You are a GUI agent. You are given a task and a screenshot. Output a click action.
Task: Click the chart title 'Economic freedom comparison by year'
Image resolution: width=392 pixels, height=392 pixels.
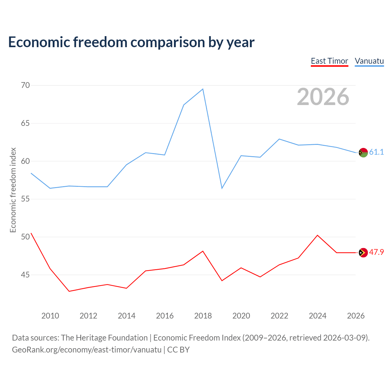point(131,42)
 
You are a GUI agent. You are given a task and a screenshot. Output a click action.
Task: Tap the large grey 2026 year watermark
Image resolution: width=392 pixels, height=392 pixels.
point(323,97)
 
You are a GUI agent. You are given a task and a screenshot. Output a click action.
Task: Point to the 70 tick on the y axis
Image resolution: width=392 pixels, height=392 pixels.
point(25,85)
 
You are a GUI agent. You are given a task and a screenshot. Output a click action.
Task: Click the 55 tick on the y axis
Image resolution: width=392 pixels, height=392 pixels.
point(25,199)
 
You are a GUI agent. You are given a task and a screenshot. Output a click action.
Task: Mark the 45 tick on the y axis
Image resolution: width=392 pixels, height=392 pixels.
point(25,275)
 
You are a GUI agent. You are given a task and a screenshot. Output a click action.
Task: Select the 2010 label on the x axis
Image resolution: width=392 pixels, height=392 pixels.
point(50,316)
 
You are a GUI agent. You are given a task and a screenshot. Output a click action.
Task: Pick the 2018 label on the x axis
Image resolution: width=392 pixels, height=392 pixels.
point(203,316)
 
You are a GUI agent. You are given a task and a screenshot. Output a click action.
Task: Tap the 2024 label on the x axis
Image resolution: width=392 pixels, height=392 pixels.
point(318,316)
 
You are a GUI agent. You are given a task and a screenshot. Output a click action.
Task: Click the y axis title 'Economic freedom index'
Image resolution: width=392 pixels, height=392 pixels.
point(13,190)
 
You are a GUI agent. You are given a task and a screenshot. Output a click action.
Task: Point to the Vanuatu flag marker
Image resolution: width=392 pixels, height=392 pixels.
point(363,153)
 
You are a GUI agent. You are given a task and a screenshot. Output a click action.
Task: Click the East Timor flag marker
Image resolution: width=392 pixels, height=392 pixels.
point(363,253)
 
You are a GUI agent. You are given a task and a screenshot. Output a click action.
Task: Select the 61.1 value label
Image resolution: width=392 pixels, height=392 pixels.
point(377,152)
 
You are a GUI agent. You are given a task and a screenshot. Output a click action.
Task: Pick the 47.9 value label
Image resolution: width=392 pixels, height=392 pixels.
point(377,252)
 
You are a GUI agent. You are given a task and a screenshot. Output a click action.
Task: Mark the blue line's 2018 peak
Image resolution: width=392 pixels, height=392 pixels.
point(203,89)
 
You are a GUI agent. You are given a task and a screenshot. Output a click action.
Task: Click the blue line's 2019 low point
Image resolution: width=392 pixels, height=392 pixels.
point(222,188)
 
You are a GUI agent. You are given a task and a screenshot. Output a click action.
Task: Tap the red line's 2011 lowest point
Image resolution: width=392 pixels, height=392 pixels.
point(69,291)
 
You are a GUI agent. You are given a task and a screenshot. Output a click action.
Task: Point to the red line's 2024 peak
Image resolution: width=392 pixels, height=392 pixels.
point(318,235)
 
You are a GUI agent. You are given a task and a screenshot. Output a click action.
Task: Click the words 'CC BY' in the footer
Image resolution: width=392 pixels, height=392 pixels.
point(179,350)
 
